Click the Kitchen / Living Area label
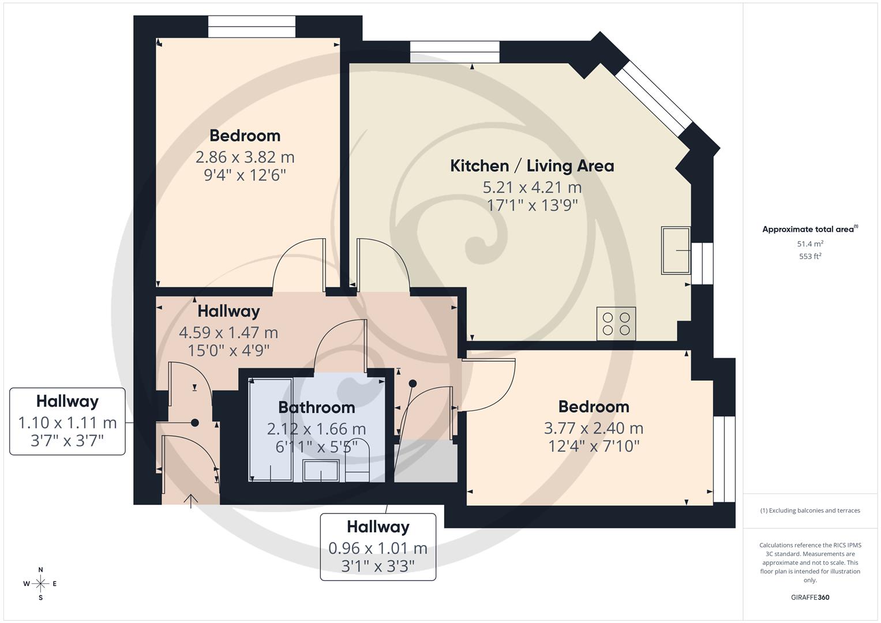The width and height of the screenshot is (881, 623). point(532,166)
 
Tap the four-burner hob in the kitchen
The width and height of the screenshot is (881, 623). point(616,323)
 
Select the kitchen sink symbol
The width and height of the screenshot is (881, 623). point(676,250)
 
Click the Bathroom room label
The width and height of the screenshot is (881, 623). point(317,407)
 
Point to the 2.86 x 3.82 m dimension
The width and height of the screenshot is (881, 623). point(245,157)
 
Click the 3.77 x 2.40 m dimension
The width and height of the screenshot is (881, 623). point(594,428)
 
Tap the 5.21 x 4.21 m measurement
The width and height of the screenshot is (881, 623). point(532,187)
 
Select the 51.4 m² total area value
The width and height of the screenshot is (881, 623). point(810,243)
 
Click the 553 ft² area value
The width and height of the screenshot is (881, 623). point(810,256)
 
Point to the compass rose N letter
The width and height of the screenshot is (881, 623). point(40,569)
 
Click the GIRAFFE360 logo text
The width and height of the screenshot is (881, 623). point(810,597)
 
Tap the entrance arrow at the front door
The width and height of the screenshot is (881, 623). point(191,501)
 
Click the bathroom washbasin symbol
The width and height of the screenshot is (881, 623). point(321,470)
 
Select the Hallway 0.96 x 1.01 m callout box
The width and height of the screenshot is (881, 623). point(378,547)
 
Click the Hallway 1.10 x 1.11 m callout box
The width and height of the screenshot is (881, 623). point(68,421)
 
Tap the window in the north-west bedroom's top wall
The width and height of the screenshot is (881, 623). point(252,27)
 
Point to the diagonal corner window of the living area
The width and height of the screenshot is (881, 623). point(653,99)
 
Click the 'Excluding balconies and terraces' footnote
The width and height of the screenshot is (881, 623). point(810,511)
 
